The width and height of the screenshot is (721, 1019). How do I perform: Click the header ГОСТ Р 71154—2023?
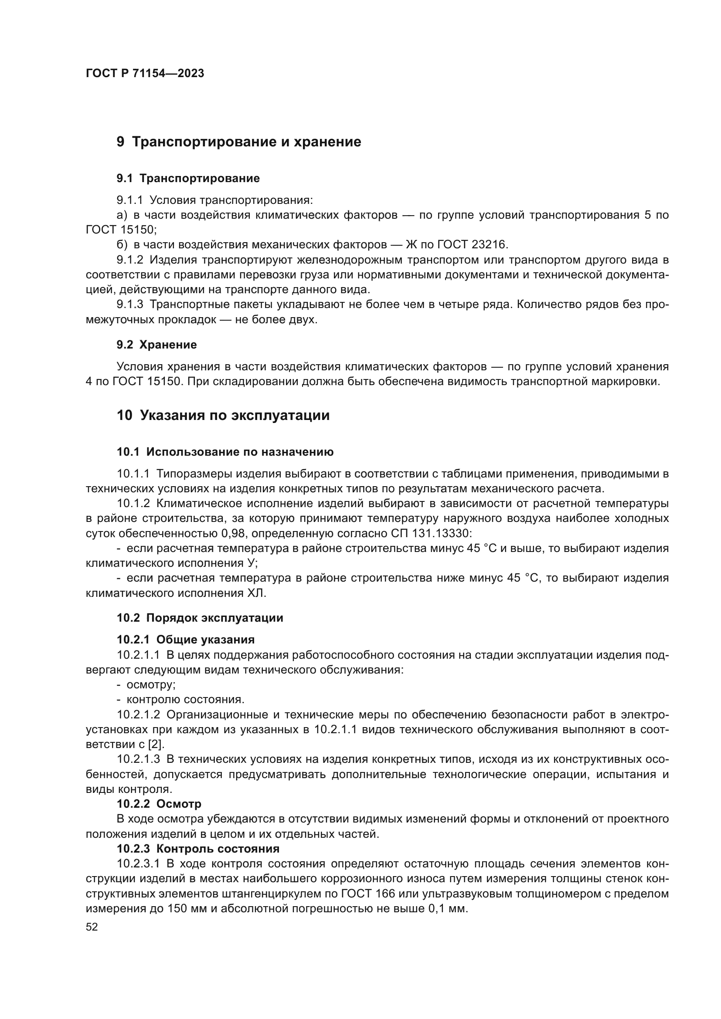pyautogui.click(x=145, y=74)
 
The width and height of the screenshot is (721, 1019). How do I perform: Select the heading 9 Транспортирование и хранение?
pyautogui.click(x=239, y=142)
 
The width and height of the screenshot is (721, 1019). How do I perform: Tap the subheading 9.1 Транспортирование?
pyautogui.click(x=188, y=179)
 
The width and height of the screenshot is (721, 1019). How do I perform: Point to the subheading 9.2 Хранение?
pyautogui.click(x=157, y=345)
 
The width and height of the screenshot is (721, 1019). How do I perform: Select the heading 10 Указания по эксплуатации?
pyautogui.click(x=223, y=416)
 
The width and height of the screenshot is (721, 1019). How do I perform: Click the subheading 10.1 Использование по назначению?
pyautogui.click(x=225, y=452)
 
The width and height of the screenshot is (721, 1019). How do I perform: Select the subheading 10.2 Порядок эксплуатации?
pyautogui.click(x=200, y=618)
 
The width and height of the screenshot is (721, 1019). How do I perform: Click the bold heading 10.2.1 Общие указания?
pyautogui.click(x=186, y=640)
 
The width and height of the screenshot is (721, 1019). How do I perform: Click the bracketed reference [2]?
pyautogui.click(x=152, y=745)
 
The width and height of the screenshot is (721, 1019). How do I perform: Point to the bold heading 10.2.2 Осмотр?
pyautogui.click(x=159, y=804)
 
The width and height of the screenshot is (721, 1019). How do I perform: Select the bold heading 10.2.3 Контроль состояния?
pyautogui.click(x=198, y=849)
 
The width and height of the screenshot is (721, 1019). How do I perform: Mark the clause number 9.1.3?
pyautogui.click(x=129, y=305)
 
